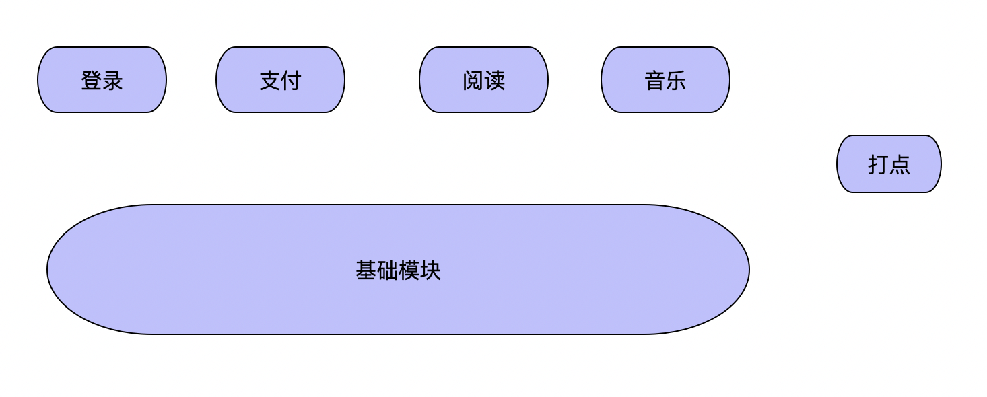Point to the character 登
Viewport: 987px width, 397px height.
pos(92,81)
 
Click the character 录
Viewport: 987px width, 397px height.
pos(113,81)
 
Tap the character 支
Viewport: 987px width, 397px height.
pos(270,81)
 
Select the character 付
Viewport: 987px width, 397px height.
pos(292,81)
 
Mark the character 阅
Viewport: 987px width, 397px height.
pos(473,81)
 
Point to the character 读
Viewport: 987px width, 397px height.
pos(495,81)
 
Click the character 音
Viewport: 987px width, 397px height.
pos(655,81)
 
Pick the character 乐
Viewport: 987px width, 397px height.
pos(677,81)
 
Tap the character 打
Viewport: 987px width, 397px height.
pos(879,165)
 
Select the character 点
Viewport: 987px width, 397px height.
pos(900,165)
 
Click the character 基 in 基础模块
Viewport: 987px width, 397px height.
pos(366,270)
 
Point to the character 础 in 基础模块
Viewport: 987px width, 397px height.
pos(388,270)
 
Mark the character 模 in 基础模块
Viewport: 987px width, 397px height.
pos(409,270)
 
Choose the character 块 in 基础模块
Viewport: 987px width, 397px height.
pos(431,270)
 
